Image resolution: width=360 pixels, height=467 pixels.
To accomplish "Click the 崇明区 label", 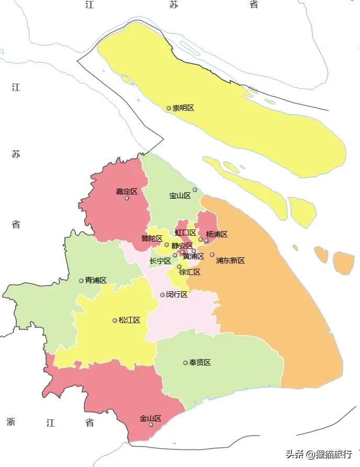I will [183, 108].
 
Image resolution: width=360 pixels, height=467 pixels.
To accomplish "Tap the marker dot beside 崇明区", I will [168, 108].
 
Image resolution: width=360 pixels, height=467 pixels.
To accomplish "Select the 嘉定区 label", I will [127, 191].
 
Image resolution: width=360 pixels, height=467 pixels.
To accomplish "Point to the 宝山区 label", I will [179, 196].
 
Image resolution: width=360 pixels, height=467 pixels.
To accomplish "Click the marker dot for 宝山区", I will [195, 189].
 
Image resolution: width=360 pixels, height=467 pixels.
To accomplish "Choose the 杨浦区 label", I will [217, 234].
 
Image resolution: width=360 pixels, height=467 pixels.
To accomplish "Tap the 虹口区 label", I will [185, 233].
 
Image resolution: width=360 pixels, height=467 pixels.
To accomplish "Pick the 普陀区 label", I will [152, 238].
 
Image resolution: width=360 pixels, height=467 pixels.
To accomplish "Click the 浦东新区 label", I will [230, 260].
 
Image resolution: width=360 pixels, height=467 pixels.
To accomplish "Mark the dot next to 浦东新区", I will [212, 255].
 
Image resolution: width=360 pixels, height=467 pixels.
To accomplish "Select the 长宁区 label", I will [160, 261].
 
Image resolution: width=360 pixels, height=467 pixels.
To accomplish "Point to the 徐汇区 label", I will [189, 272].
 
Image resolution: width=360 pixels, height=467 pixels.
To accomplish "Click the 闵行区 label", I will [177, 294].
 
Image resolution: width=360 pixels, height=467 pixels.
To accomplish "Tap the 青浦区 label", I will [96, 280].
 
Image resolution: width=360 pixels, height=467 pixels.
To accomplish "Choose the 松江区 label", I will [129, 320].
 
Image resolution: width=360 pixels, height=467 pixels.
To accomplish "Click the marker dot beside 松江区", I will [115, 320].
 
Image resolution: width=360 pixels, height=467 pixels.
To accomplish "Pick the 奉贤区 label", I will [200, 362].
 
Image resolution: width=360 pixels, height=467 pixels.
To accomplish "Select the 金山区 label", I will [150, 418].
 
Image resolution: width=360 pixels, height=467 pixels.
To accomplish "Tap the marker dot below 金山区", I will [151, 425].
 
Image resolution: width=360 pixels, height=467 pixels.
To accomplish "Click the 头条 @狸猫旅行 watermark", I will [319, 454].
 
